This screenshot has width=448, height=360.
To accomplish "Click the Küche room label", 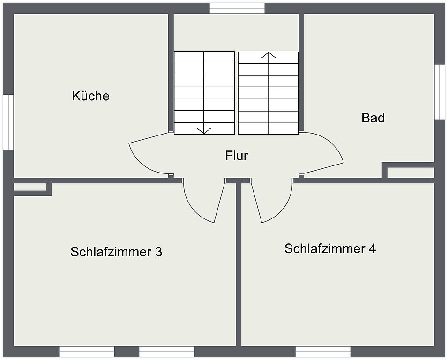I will pos(90,96).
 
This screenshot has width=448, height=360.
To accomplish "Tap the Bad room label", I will pos(373,118).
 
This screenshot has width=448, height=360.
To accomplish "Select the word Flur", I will pos(237,156).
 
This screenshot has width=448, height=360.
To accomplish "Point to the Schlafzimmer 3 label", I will pos(116,252).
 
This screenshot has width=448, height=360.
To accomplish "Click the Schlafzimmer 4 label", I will pos(330,248).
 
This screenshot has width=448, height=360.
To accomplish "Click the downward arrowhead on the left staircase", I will pos(204,130).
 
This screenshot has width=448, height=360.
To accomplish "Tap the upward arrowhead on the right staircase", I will pos(269,55).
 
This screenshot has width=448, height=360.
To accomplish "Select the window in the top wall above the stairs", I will pos(237,8).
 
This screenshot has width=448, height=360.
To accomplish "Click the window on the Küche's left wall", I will pos(8,122).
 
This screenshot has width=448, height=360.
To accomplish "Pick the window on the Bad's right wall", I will pos(439,92).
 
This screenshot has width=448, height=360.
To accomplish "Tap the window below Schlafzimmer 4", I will pos(323,352).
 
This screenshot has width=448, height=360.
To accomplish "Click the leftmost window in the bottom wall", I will pos(87,352).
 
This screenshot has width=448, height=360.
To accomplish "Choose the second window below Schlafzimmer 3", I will pos(167,352).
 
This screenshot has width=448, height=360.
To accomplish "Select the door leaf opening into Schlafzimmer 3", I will pos(220,202).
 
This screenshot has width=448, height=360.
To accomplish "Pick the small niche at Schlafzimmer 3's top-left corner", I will pos(30,187).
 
